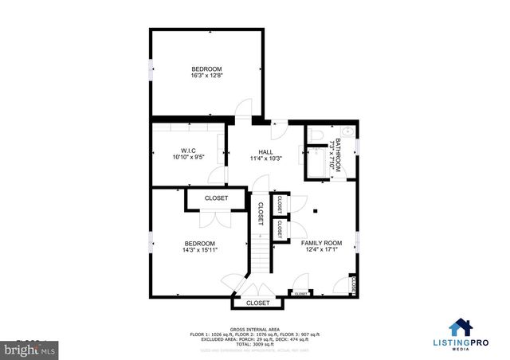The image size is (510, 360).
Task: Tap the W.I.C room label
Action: tap(188, 151)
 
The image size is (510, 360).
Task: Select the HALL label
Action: tap(265, 151)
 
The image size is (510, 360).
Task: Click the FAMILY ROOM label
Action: tap(321, 242)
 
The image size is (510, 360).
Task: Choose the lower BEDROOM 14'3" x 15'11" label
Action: tap(200, 244)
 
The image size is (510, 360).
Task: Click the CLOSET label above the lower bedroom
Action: tap(216, 198)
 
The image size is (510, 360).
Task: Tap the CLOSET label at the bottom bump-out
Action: tap(257, 303)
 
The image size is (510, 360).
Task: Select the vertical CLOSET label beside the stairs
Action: tap(260, 213)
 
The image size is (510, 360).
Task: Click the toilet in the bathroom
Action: tap(315, 135)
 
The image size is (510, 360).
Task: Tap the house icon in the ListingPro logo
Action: tap(459, 327)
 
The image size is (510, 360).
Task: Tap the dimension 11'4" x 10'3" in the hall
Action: tap(265, 158)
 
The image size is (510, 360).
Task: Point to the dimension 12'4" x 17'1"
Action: tap(321, 249)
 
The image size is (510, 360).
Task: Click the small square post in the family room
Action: tap(316, 211)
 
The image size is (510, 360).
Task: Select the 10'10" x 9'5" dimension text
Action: tap(188, 157)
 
